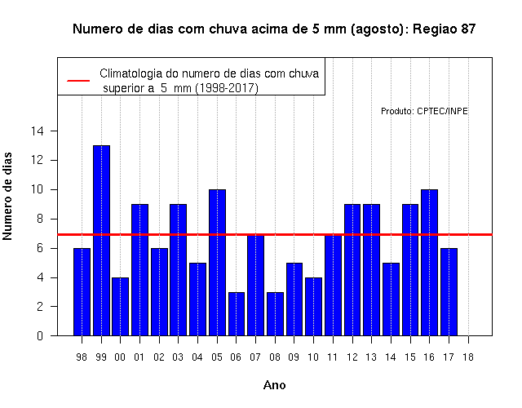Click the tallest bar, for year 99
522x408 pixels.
[101, 241]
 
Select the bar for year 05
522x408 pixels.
[218, 263]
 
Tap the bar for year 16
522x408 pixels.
[430, 263]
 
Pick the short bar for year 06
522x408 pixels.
[237, 314]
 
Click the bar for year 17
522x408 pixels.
[449, 292]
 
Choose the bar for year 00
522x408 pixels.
[121, 307]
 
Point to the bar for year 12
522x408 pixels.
[352, 270]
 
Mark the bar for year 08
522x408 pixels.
[276, 314]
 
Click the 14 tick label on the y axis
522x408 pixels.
[38, 131]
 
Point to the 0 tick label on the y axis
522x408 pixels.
[40, 335]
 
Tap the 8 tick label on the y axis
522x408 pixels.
[40, 219]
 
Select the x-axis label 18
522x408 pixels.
[467, 357]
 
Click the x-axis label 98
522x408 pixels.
[82, 357]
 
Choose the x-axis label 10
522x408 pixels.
[313, 357]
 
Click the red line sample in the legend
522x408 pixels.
[78, 81]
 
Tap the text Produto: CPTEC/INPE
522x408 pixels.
[424, 111]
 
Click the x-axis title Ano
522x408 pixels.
[275, 385]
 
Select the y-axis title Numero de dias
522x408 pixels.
[7, 197]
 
